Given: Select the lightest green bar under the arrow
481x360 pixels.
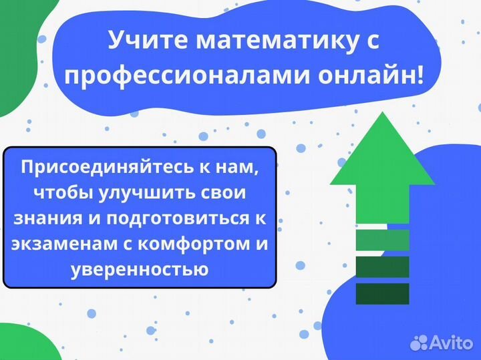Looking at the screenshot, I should pos(382,240).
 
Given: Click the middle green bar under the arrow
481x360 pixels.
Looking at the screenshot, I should pos(382,266).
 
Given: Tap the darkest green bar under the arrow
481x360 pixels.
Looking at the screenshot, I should pos(382,293).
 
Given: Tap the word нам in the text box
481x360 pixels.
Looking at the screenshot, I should pos(236,167).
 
